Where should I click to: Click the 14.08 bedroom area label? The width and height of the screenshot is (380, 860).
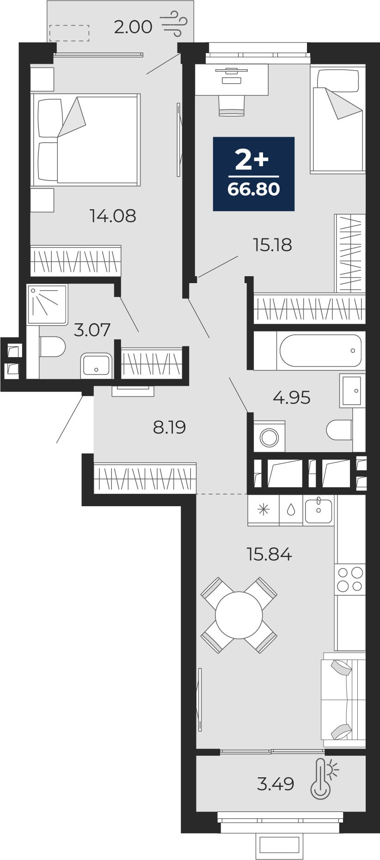click(x=113, y=216)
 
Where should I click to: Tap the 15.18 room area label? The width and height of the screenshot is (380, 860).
click(x=272, y=245)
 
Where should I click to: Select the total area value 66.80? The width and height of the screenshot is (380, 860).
click(x=254, y=189)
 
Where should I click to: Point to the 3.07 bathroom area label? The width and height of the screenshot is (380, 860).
click(x=92, y=330)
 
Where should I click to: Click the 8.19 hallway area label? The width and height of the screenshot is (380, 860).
click(x=169, y=427)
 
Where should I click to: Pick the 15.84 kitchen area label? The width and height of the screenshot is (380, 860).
click(x=269, y=554)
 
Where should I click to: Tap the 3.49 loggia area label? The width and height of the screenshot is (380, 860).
click(x=276, y=784)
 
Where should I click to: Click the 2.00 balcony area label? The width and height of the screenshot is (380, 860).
click(x=133, y=27)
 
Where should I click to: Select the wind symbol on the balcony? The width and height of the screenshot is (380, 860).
click(x=174, y=24)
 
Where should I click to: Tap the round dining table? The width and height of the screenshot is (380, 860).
click(x=239, y=615)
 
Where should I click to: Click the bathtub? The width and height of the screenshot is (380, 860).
click(x=321, y=351)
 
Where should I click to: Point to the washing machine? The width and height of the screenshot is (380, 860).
click(x=269, y=436)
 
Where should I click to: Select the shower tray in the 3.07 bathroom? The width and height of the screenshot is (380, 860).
click(x=47, y=304)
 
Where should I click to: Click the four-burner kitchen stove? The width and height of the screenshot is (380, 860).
click(x=350, y=579)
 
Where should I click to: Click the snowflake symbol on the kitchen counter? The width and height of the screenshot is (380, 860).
click(x=264, y=510)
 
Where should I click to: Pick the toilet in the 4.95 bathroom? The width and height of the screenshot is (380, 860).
click(x=339, y=430)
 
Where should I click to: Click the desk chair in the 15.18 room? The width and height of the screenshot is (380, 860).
click(x=231, y=106)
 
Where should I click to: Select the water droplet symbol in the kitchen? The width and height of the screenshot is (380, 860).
click(x=291, y=509)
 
